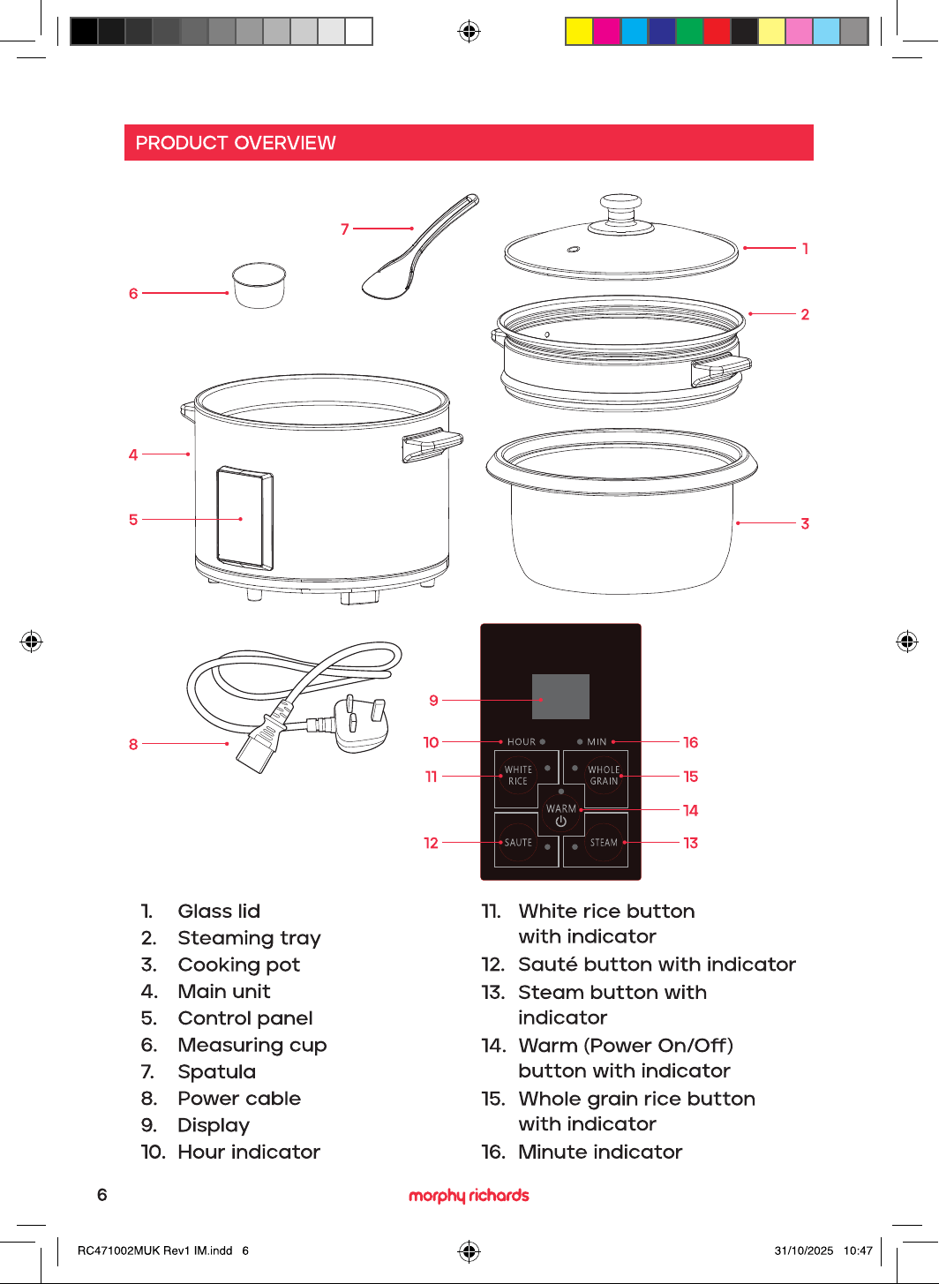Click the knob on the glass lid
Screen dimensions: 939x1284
tap(620, 208)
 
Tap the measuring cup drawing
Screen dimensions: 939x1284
tap(259, 285)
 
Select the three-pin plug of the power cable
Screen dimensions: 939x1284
tap(361, 724)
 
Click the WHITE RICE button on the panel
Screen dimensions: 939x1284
tap(518, 775)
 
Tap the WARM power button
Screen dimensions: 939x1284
tap(560, 814)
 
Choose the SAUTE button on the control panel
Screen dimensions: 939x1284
tap(518, 842)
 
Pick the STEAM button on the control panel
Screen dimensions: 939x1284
tap(604, 842)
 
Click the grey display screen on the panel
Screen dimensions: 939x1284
tap(560, 696)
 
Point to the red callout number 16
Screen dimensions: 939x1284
tap(690, 742)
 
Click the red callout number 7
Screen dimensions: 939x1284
tap(344, 229)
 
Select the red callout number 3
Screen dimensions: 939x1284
tap(805, 523)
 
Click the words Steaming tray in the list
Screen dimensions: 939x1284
tap(250, 939)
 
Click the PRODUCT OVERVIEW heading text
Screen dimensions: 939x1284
tap(236, 143)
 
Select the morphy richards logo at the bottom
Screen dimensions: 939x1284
tap(469, 1195)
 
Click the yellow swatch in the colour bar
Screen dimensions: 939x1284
tap(579, 31)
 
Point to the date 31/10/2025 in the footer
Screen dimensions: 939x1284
tap(804, 1250)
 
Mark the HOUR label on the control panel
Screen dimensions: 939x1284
tap(521, 742)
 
